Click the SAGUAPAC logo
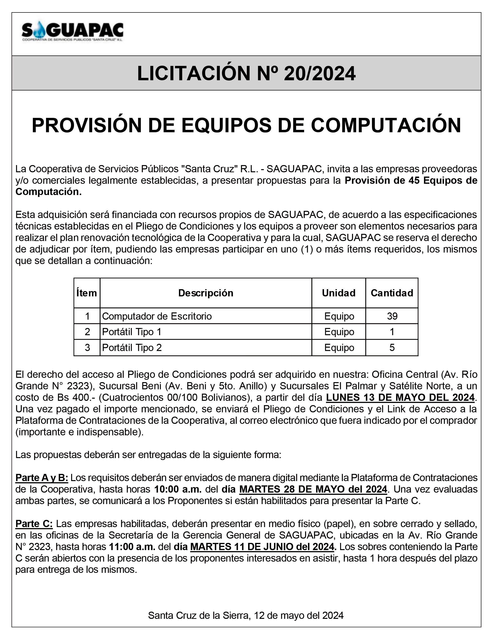73,32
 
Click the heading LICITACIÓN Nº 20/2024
246,73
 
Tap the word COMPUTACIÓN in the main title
386,125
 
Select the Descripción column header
206,293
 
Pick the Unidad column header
339,293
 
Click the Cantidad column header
392,293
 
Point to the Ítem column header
87,293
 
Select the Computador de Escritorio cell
157,316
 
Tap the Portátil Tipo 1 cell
132,332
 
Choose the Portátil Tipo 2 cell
132,347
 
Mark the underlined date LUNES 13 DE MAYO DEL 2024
400,397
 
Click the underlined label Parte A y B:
42,478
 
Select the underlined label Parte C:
34,524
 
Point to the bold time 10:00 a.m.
178,489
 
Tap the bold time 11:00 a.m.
132,547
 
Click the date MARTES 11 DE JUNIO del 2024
262,547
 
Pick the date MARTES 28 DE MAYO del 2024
313,489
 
